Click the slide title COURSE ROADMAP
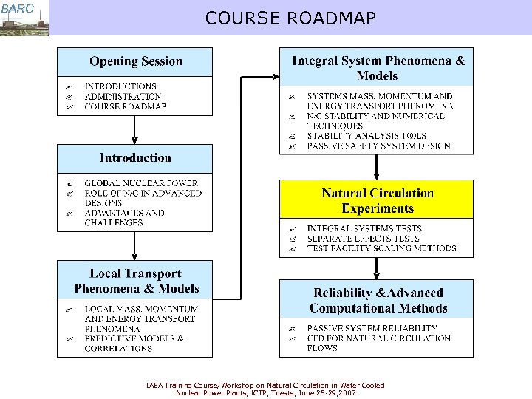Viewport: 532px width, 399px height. [x=290, y=18]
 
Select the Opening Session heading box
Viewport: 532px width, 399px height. [x=135, y=61]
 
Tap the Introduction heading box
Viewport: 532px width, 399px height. [x=135, y=157]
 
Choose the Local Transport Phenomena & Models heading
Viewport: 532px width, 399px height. [x=136, y=281]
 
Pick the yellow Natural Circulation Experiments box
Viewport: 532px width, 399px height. [x=377, y=200]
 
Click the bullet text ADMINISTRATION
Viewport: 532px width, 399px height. [x=123, y=97]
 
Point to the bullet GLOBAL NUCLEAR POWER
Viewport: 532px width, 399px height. [x=141, y=183]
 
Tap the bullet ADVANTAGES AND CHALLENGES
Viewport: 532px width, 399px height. [x=124, y=217]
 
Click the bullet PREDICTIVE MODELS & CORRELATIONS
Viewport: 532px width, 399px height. [x=134, y=343]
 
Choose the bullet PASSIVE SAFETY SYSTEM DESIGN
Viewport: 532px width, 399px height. [x=378, y=146]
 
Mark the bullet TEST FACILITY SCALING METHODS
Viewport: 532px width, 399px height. [x=381, y=249]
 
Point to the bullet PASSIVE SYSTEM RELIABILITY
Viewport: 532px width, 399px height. [x=372, y=328]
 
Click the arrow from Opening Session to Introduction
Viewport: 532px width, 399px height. [x=134, y=129]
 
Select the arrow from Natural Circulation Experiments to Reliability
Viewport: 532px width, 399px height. [x=377, y=267]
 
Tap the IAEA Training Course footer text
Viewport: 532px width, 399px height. [x=266, y=389]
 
